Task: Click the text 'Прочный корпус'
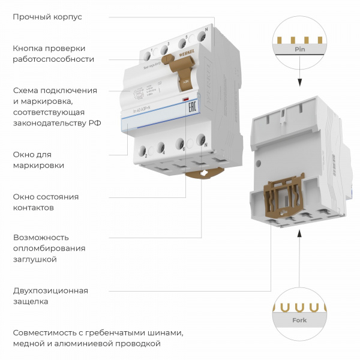pos(47,17)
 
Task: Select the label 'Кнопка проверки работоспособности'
pos(53,53)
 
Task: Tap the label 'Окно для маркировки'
pos(38,160)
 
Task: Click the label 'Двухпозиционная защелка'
pos(50,296)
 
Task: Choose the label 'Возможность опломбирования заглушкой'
pos(49,248)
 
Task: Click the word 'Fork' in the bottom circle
pos(299,320)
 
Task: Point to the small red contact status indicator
pos(186,98)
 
